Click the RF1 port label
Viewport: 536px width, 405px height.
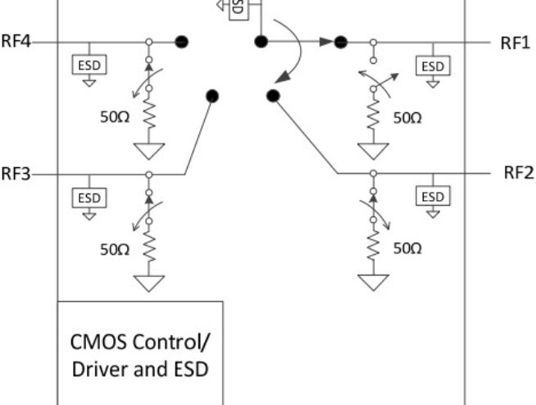[515, 43]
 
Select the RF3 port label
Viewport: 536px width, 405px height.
[16, 174]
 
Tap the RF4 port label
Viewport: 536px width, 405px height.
[16, 42]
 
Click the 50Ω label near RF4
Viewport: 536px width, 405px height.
[115, 117]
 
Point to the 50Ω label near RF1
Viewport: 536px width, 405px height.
[407, 117]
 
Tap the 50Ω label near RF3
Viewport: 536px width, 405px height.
[115, 249]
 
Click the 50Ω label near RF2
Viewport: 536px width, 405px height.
[407, 249]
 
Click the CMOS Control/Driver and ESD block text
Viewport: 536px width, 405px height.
[139, 353]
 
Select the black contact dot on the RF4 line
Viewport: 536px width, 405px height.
[183, 41]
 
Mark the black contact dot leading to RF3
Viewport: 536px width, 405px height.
[212, 96]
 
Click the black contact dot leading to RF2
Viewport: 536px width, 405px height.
[273, 97]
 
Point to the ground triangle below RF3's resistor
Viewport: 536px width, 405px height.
[148, 283]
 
